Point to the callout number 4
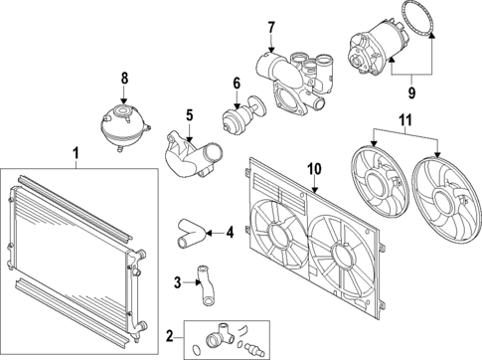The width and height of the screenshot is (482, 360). (x=230, y=234)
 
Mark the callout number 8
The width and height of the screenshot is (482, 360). (x=124, y=78)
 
